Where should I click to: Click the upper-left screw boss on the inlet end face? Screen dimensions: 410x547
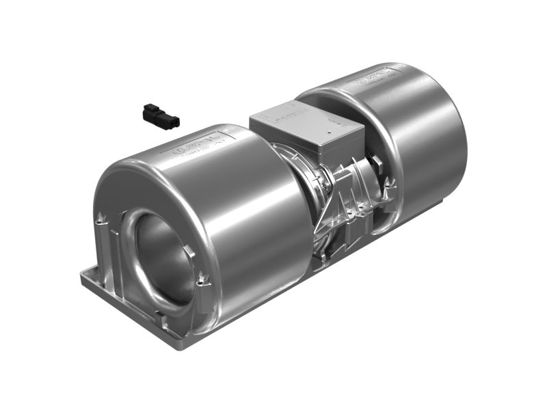pyautogui.click(x=102, y=219)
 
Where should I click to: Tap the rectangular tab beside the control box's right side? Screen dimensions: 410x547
pyautogui.click(x=377, y=161)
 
